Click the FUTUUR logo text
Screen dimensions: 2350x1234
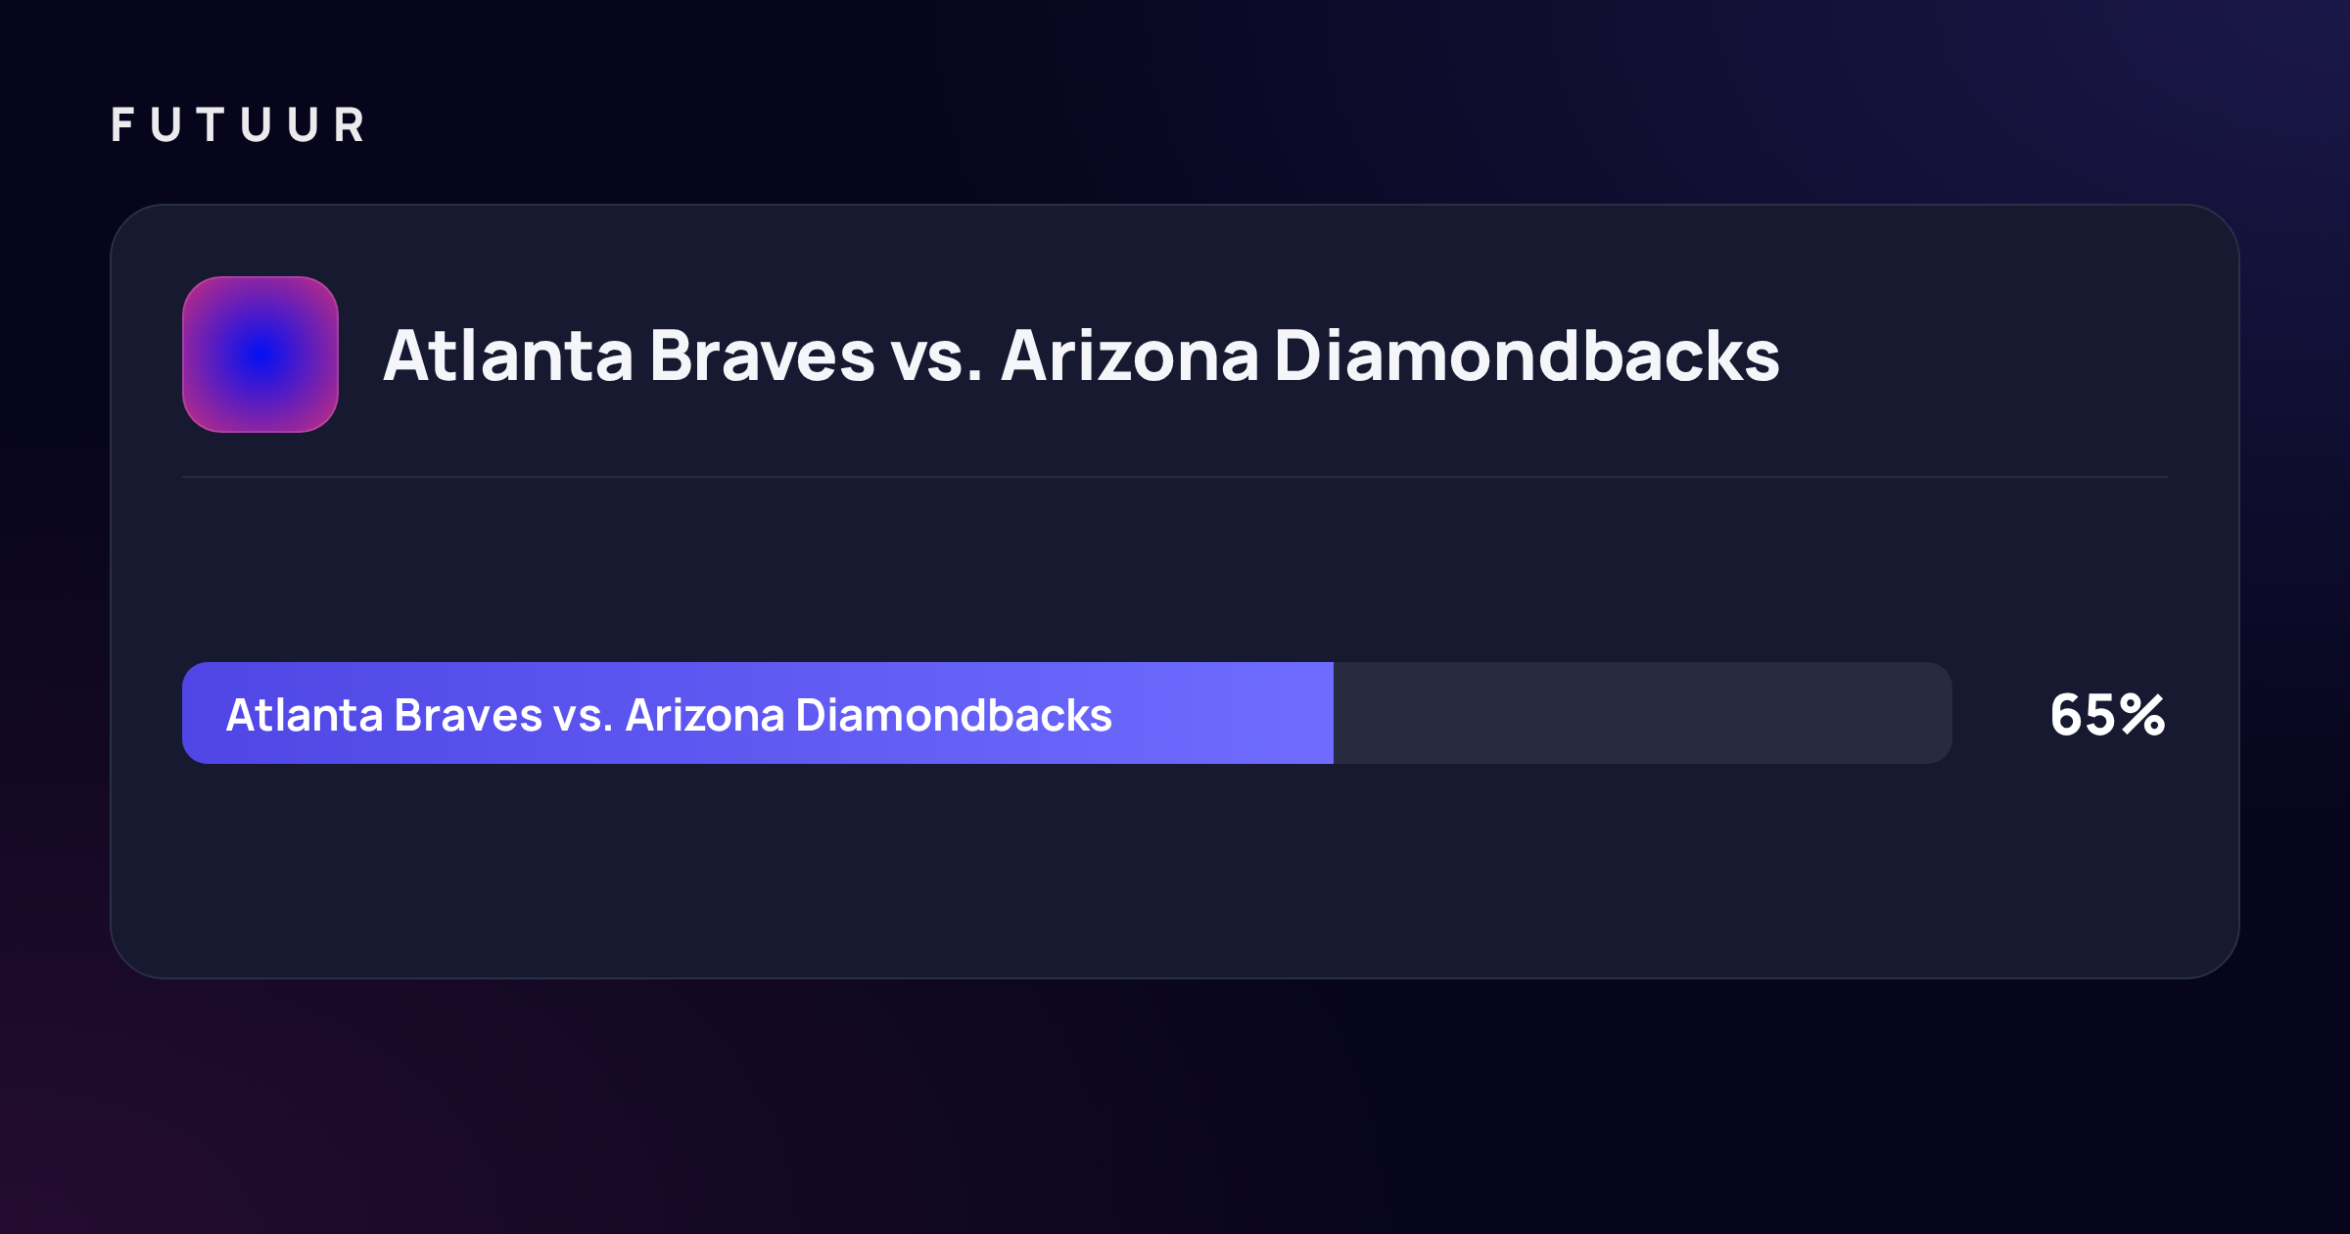(x=238, y=125)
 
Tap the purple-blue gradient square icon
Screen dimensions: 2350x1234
(x=260, y=355)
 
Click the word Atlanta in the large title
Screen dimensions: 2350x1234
(x=508, y=356)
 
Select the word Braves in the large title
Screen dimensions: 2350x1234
(x=762, y=356)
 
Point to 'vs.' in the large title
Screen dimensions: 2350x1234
(x=936, y=362)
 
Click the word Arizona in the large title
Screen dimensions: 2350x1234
(x=1130, y=356)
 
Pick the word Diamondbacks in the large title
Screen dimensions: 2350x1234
(x=1527, y=356)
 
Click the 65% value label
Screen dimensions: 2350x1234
(x=2107, y=714)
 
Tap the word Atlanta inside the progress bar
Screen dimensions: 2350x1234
(x=305, y=715)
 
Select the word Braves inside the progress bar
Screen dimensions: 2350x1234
(x=468, y=715)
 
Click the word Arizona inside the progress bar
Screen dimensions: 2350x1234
(x=705, y=715)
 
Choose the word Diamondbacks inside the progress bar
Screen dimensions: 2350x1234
(x=955, y=715)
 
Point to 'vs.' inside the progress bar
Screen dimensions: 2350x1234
(x=584, y=720)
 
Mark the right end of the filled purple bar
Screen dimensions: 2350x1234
(x=1333, y=713)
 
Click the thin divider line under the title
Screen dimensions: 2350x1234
(x=1175, y=477)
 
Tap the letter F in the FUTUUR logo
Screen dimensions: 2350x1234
(x=122, y=125)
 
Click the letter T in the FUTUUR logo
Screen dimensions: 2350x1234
(x=211, y=125)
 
